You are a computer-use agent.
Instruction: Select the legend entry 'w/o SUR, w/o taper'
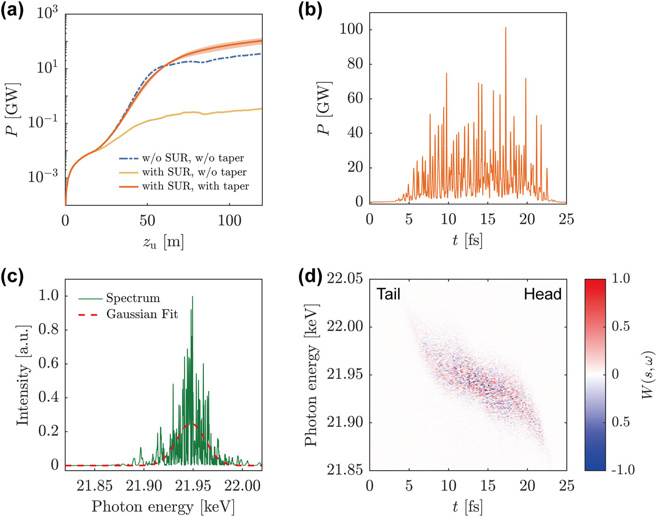click(x=193, y=158)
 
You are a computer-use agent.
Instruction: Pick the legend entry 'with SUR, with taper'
click(x=195, y=186)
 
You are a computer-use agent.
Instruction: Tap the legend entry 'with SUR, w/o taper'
click(x=194, y=172)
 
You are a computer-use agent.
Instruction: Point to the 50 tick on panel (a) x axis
click(x=147, y=220)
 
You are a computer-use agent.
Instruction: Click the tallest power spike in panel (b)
click(x=505, y=28)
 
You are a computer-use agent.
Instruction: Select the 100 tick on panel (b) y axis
click(x=351, y=30)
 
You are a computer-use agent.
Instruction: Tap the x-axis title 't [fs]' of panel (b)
click(x=467, y=240)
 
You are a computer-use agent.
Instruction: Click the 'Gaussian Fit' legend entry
click(x=142, y=314)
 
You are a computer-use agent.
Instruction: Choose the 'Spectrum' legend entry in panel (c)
click(x=133, y=298)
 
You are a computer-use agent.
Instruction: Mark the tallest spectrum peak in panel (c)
click(x=192, y=297)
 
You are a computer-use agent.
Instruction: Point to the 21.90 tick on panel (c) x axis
click(x=144, y=486)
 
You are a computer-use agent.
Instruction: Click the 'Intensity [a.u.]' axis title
click(x=23, y=375)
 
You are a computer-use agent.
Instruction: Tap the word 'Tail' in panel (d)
click(x=389, y=294)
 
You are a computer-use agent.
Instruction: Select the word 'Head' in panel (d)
click(x=542, y=294)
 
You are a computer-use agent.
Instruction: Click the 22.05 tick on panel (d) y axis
click(x=345, y=279)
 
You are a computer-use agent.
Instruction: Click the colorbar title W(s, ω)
click(x=648, y=374)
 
